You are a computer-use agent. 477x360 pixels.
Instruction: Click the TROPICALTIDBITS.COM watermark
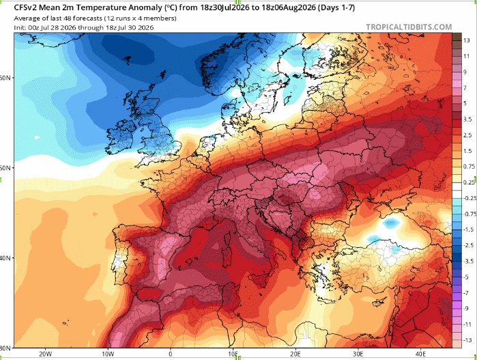(x=409, y=27)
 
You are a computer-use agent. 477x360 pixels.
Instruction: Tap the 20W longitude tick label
(x=45, y=354)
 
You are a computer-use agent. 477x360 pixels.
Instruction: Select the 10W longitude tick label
(x=108, y=354)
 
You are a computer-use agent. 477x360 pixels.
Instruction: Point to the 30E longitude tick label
(x=358, y=354)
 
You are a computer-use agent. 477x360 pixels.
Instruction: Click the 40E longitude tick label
(x=421, y=354)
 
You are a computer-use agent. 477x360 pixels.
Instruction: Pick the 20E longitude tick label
(x=295, y=354)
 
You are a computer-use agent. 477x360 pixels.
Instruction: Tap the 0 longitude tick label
(x=171, y=354)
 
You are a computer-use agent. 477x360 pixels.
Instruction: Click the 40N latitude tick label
(x=5, y=258)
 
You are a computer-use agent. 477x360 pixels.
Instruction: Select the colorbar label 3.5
(x=467, y=119)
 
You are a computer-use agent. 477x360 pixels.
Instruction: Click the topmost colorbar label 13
(x=467, y=40)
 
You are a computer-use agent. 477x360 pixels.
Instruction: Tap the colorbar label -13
(x=467, y=340)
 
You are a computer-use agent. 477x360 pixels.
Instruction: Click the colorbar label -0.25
(x=469, y=198)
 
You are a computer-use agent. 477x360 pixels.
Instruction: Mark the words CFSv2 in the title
(x=24, y=8)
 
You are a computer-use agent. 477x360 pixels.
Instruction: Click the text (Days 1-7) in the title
(x=336, y=8)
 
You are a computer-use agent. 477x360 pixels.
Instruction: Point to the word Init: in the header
(x=20, y=28)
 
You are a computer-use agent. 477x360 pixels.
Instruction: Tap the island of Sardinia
(x=226, y=258)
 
